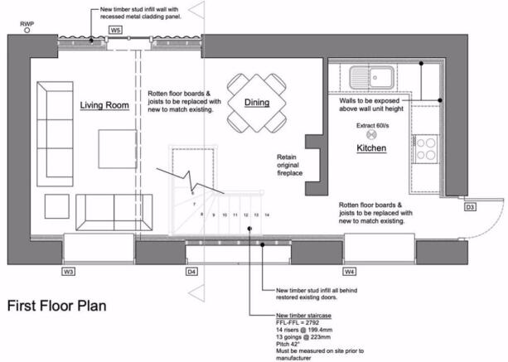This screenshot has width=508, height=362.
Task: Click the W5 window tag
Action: point(115,30)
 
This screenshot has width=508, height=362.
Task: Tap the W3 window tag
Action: point(68,272)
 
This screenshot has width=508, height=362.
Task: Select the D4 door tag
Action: point(191,272)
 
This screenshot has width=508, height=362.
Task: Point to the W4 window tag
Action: point(349,272)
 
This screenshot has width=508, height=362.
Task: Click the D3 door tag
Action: point(470,207)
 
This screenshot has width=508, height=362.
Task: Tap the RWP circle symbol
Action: point(27,31)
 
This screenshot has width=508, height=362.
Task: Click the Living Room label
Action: point(104,105)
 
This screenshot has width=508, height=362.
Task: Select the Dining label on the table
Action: point(257,103)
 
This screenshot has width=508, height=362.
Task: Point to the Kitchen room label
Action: point(371,148)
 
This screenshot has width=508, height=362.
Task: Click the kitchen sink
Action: point(371,78)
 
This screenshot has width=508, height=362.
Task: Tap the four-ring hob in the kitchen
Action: point(425,149)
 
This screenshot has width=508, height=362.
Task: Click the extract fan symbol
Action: point(371,135)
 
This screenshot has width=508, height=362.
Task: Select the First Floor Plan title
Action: point(56,306)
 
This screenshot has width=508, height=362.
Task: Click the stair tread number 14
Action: point(267,215)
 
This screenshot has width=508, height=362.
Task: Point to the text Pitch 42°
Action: point(288,344)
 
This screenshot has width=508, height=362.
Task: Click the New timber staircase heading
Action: point(303,316)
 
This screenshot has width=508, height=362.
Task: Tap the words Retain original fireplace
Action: point(290,165)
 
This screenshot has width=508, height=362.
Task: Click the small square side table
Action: point(56,206)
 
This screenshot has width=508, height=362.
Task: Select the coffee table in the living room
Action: point(118,149)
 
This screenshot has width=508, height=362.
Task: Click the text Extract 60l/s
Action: point(373,126)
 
